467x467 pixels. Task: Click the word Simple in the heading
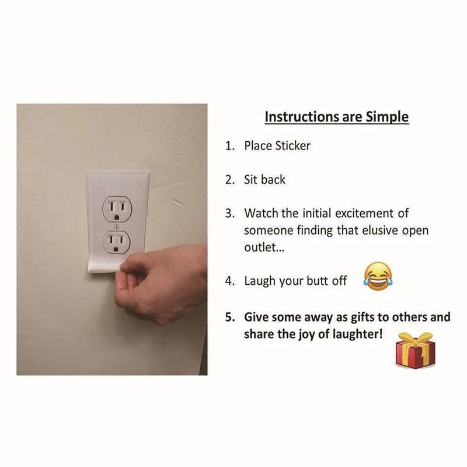pyautogui.click(x=387, y=116)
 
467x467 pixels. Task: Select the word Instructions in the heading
pyautogui.click(x=301, y=116)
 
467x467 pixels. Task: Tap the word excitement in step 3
pyautogui.click(x=363, y=213)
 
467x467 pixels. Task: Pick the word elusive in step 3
pyautogui.click(x=372, y=231)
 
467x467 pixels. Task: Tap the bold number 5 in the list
pyautogui.click(x=229, y=318)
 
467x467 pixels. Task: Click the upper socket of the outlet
pyautogui.click(x=116, y=207)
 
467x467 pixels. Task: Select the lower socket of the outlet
pyautogui.click(x=116, y=241)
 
